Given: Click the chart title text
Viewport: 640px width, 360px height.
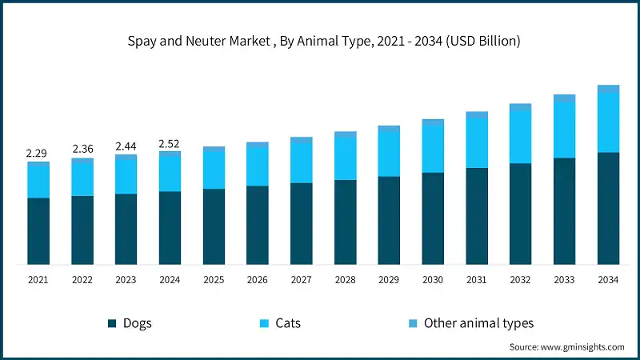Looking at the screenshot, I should pyautogui.click(x=320, y=41).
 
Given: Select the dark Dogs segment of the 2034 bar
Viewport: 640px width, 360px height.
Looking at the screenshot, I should pyautogui.click(x=608, y=208).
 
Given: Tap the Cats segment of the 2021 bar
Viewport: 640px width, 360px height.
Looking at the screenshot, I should pyautogui.click(x=38, y=181).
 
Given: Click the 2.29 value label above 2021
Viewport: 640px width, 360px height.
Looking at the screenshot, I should pyautogui.click(x=38, y=153).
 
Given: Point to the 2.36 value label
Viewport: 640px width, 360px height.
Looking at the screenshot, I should pyautogui.click(x=82, y=149).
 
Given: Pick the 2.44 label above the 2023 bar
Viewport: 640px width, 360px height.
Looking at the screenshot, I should pyautogui.click(x=126, y=146).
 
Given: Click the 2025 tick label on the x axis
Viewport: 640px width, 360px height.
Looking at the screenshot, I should pyautogui.click(x=214, y=280).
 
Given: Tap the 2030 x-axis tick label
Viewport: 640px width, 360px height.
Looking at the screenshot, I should pyautogui.click(x=433, y=280).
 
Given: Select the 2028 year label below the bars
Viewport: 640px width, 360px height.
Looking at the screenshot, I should pyautogui.click(x=346, y=280).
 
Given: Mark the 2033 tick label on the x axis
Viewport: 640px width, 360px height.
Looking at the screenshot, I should pyautogui.click(x=564, y=280).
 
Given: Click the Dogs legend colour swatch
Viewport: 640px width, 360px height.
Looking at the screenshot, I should pyautogui.click(x=112, y=323).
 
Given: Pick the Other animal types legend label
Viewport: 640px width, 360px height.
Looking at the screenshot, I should pyautogui.click(x=478, y=323).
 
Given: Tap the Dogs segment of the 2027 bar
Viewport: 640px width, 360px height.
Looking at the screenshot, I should pyautogui.click(x=302, y=223).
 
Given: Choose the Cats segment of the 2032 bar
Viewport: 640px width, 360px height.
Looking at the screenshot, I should pyautogui.click(x=521, y=137).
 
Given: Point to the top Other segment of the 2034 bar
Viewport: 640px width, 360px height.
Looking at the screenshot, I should pyautogui.click(x=608, y=88).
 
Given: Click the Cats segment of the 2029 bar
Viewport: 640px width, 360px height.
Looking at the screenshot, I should pyautogui.click(x=389, y=153).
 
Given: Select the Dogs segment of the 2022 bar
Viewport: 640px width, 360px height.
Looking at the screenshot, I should pyautogui.click(x=82, y=230).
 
